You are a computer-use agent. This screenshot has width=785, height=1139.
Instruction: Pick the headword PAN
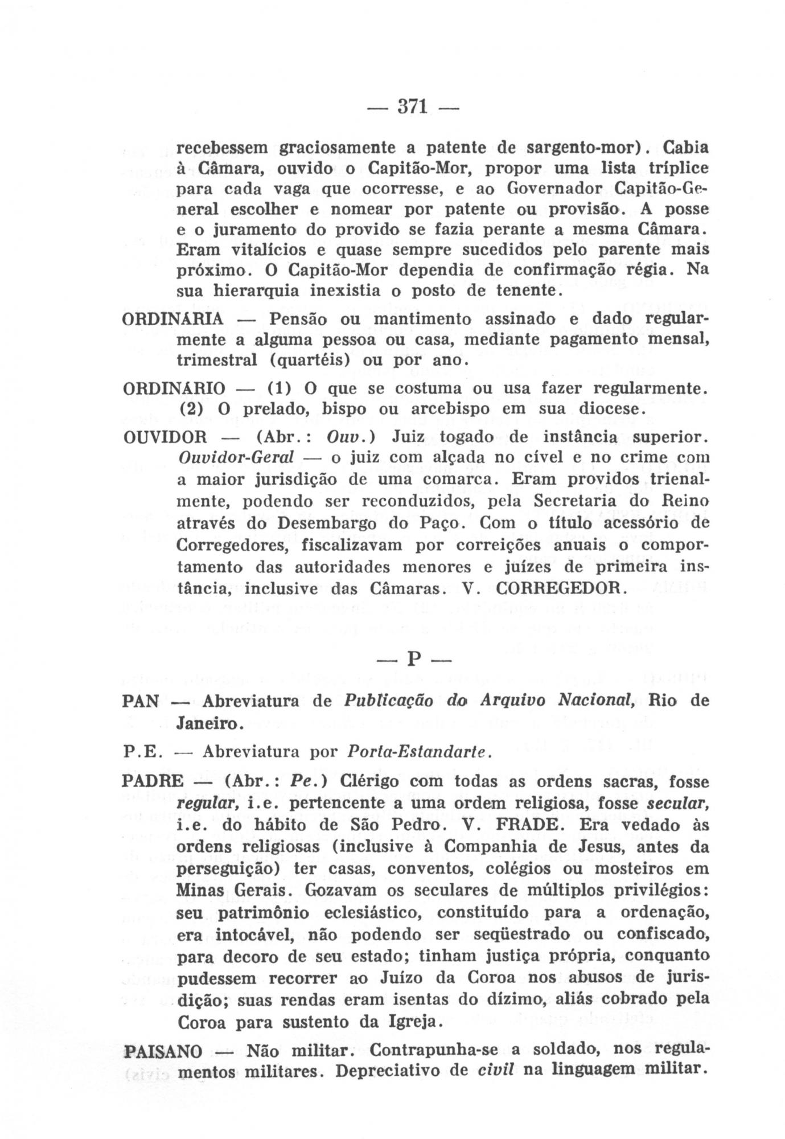coord(140,701)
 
